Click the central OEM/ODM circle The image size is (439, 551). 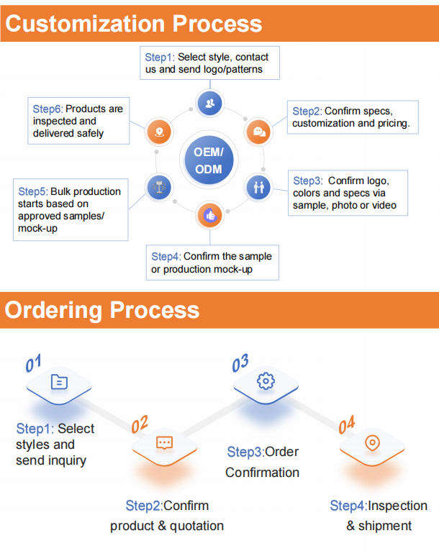209,160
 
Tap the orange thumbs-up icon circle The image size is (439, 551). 210,215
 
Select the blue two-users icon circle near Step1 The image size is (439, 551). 210,104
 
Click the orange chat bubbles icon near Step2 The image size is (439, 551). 259,132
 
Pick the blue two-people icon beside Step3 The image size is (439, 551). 258,187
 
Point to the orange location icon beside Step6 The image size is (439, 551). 159,132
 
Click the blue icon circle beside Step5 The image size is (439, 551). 159,187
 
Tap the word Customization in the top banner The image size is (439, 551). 85,24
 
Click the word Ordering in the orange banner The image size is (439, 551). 53,311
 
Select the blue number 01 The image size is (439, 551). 33,363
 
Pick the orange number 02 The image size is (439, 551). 140,424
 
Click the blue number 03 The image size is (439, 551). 240,363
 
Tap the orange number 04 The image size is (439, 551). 347,425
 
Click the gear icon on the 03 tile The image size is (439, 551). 266,381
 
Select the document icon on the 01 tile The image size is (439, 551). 59,382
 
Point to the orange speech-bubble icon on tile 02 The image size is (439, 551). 164,443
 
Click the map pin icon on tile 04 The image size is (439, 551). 373,443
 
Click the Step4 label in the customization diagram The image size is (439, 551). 166,257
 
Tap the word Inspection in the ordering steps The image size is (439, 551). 397,506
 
